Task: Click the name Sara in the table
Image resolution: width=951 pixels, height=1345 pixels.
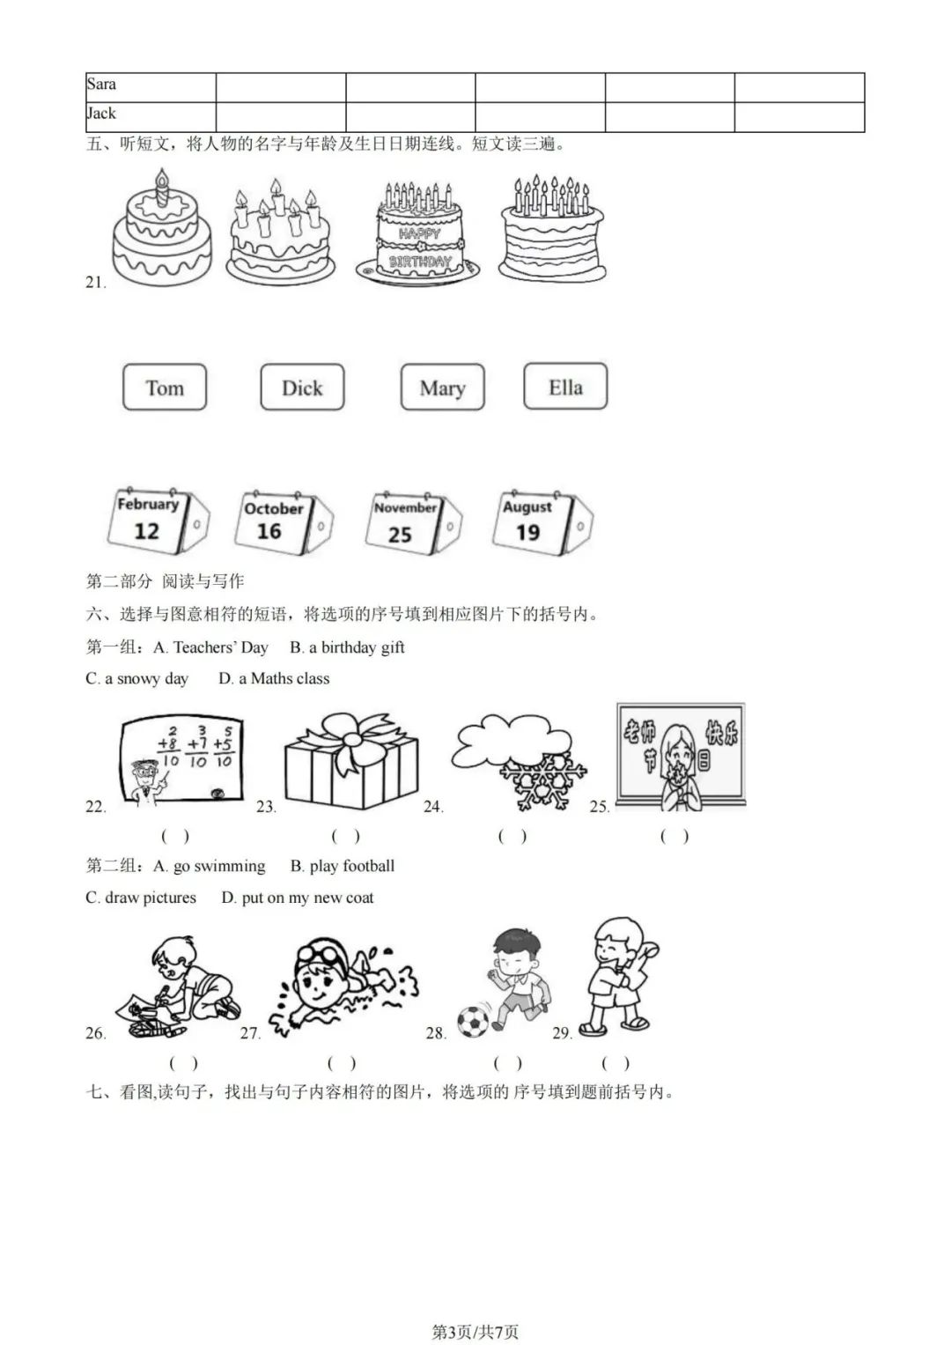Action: pyautogui.click(x=101, y=84)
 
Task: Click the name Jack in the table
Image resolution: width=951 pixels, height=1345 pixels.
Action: pyautogui.click(x=101, y=113)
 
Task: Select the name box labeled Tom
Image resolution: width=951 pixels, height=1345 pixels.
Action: pyautogui.click(x=165, y=388)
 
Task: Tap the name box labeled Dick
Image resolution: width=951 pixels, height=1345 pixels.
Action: pyautogui.click(x=303, y=388)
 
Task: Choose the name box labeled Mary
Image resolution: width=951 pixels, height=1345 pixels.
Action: pyautogui.click(x=442, y=388)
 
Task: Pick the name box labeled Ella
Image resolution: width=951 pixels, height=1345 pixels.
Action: pyautogui.click(x=565, y=387)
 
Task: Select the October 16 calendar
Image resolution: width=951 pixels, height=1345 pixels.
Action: pyautogui.click(x=284, y=521)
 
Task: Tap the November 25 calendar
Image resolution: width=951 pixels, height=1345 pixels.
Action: pyautogui.click(x=414, y=523)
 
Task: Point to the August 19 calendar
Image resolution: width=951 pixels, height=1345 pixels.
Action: pyautogui.click(x=542, y=522)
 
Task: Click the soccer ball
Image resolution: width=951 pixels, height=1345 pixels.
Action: pyautogui.click(x=472, y=1022)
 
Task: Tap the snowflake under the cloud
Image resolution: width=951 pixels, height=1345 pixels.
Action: pyautogui.click(x=543, y=782)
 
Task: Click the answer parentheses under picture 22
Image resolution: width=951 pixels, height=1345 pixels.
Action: pyautogui.click(x=175, y=836)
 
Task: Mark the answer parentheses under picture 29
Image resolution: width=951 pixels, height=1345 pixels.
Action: pyautogui.click(x=616, y=1063)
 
